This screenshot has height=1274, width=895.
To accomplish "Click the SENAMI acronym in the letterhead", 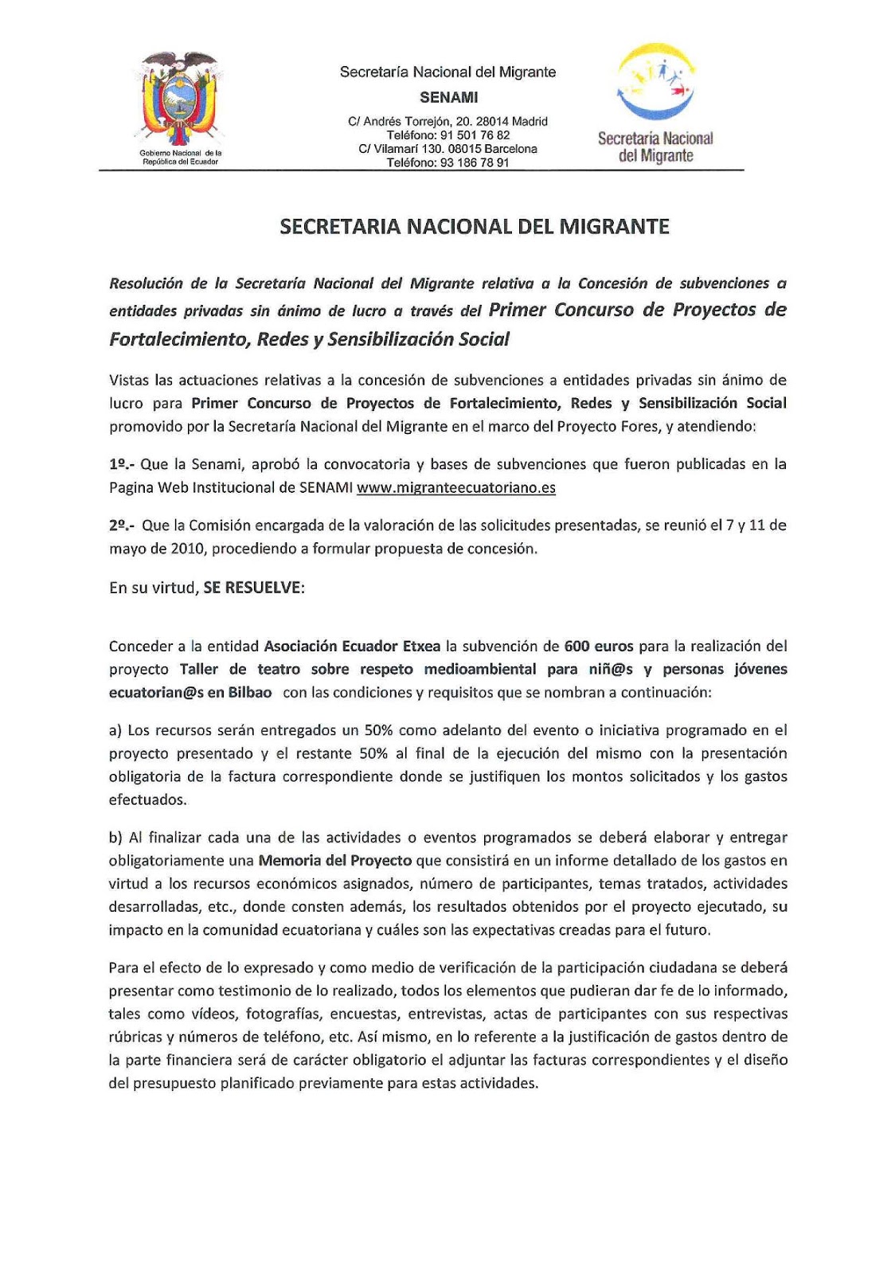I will [x=448, y=97].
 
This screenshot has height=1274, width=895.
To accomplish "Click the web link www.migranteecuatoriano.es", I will [x=455, y=487].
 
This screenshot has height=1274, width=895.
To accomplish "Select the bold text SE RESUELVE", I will [x=253, y=588].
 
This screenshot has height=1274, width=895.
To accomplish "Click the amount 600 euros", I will [x=599, y=646].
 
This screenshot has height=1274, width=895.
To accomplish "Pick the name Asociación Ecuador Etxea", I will [x=352, y=646].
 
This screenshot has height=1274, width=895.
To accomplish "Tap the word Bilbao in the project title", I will [x=250, y=692].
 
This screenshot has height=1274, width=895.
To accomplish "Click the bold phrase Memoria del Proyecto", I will [x=334, y=860].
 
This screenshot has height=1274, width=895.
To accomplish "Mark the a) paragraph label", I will [x=115, y=730].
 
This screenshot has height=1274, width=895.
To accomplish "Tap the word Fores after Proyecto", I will [x=643, y=426].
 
